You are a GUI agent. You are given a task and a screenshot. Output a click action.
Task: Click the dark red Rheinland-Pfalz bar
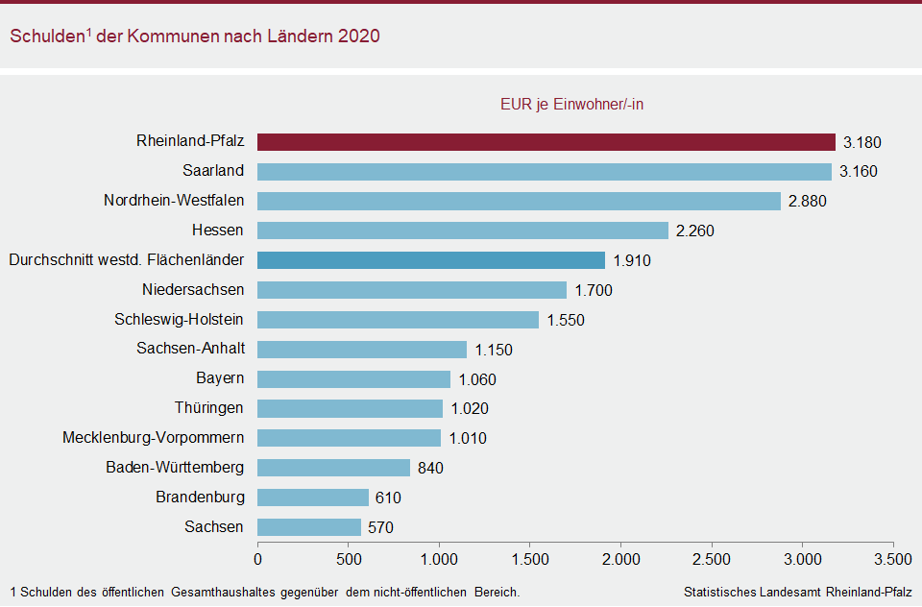546,142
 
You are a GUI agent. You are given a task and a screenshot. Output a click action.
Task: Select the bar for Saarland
544,172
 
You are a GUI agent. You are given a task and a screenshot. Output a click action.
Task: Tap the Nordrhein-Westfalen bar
519,202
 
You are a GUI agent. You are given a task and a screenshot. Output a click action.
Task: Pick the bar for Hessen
462,231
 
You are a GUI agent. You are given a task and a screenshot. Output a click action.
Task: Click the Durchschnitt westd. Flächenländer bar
430,260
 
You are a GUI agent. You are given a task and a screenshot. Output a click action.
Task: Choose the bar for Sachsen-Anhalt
361,350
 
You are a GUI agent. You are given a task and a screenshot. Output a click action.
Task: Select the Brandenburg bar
312,498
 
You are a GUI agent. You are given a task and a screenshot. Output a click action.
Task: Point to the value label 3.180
861,143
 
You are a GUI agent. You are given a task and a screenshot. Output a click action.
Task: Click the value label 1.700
593,290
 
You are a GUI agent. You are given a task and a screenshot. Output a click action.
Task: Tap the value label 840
430,468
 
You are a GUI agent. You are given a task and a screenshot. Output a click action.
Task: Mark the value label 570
380,527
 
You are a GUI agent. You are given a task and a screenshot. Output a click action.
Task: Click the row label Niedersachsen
193,289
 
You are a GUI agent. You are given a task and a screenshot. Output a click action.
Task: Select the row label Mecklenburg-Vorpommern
153,438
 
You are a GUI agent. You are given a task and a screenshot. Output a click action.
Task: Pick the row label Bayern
220,378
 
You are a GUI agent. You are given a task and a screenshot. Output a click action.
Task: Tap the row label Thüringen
209,408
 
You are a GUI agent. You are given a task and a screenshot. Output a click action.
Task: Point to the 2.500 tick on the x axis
712,558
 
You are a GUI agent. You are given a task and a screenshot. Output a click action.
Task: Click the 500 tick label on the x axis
349,558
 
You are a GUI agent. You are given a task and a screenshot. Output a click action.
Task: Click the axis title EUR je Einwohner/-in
572,105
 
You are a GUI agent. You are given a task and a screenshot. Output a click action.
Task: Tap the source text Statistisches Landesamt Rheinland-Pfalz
797,592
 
